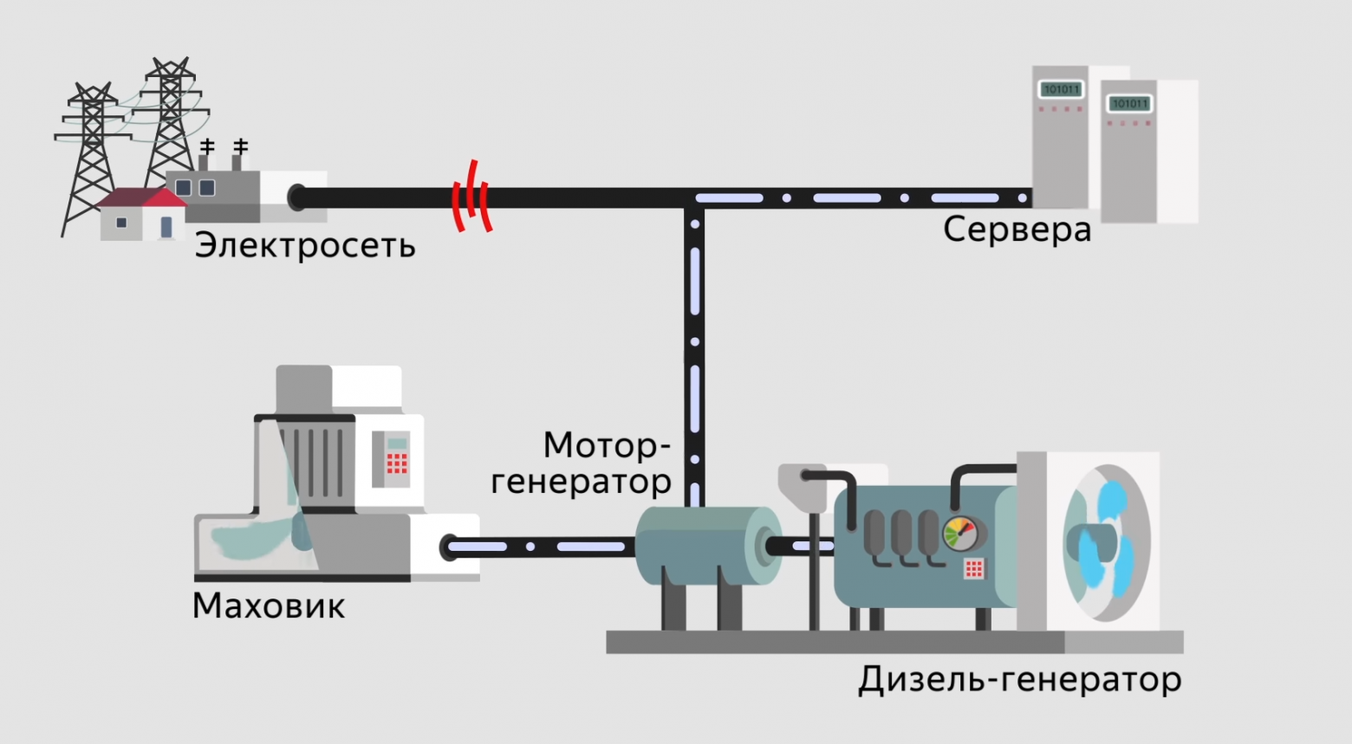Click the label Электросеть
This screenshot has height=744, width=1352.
305,246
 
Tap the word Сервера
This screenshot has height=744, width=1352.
1017,230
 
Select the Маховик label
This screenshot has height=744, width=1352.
269,605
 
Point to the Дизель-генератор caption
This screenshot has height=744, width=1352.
1019,679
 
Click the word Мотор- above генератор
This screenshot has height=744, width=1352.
607,445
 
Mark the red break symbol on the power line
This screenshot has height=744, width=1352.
471,197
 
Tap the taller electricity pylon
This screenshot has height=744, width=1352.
172,113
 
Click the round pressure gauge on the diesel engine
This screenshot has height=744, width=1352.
959,534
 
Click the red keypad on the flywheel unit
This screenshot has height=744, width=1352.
396,463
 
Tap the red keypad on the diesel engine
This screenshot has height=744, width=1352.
974,568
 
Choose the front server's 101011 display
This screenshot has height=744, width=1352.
1129,104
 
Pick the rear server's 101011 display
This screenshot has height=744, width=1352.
1060,89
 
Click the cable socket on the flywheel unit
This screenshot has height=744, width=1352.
450,547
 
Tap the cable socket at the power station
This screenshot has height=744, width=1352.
297,197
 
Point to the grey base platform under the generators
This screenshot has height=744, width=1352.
893,642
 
